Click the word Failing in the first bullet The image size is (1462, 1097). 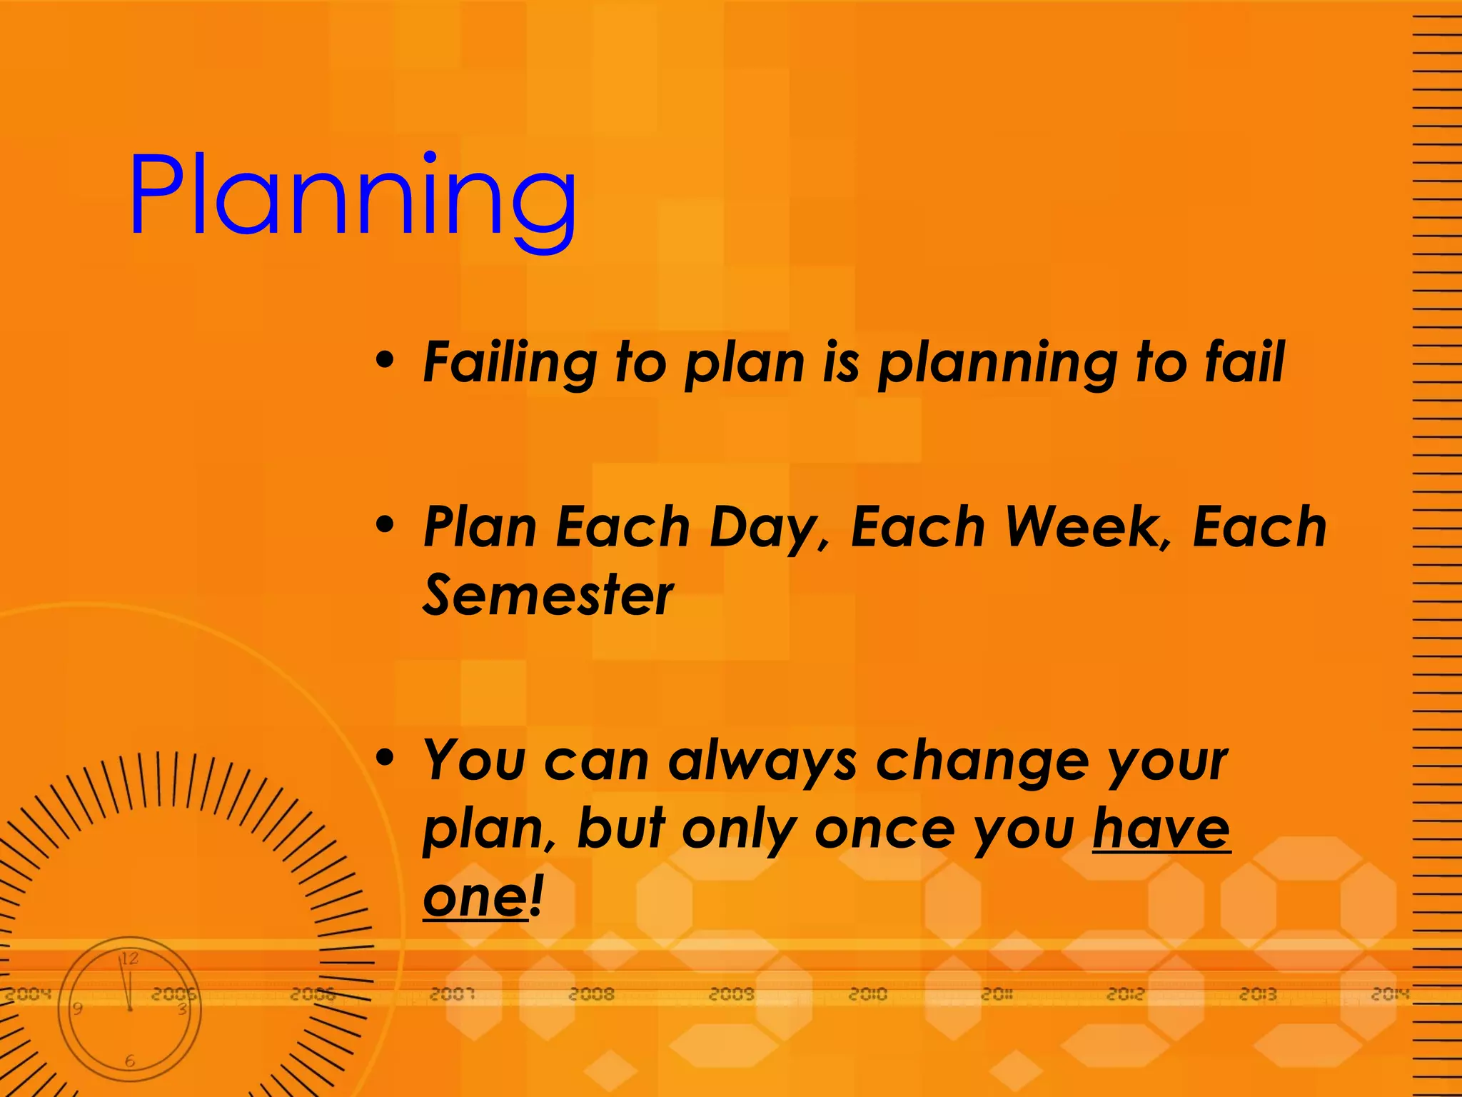pyautogui.click(x=510, y=363)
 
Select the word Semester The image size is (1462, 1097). pyautogui.click(x=548, y=595)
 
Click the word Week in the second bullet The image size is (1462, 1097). pyautogui.click(x=1084, y=527)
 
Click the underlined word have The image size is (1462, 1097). pyautogui.click(x=1161, y=828)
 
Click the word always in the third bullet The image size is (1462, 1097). pyautogui.click(x=762, y=761)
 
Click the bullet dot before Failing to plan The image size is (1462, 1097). pyautogui.click(x=385, y=359)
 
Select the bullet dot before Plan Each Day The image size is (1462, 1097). pyautogui.click(x=385, y=524)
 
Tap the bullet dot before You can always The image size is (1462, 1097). pyautogui.click(x=385, y=758)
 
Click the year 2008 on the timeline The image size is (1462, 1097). pyautogui.click(x=591, y=993)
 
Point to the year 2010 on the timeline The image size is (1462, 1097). pyautogui.click(x=867, y=993)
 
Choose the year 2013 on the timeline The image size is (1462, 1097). pyautogui.click(x=1258, y=993)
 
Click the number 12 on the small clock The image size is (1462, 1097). pyautogui.click(x=129, y=958)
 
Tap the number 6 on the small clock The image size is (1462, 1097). pyautogui.click(x=130, y=1061)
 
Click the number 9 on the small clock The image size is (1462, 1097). pyautogui.click(x=78, y=1008)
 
